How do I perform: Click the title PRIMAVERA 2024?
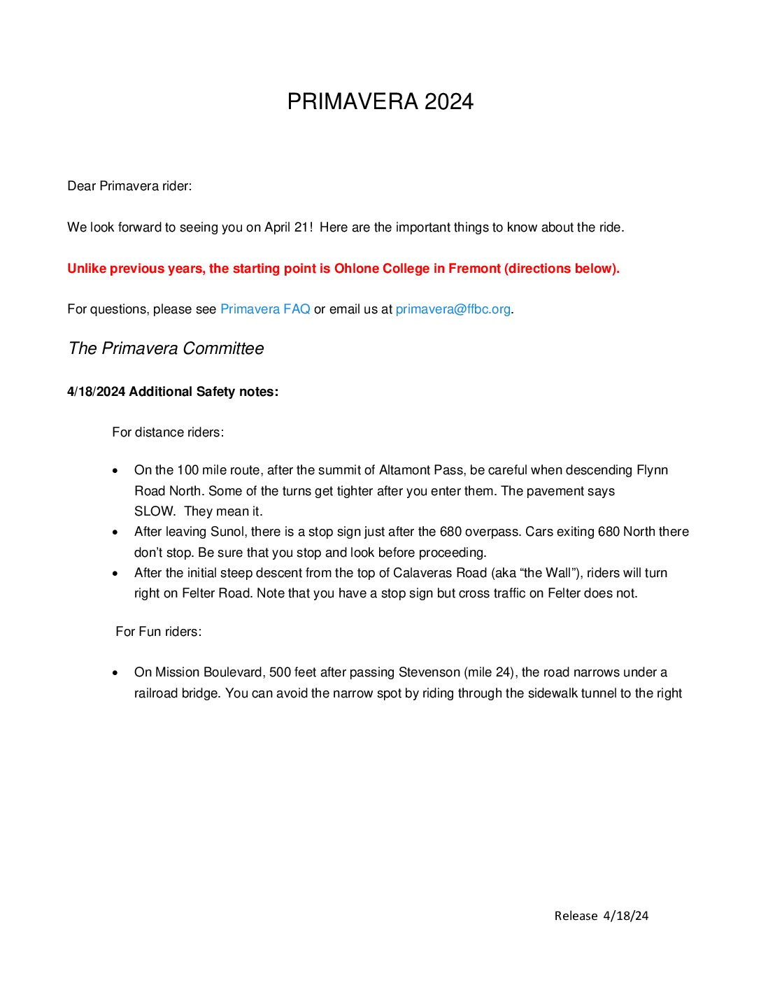click(x=380, y=102)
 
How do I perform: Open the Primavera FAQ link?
click(x=265, y=309)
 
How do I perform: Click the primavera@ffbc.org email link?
click(x=453, y=309)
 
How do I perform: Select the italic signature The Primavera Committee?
click(x=166, y=348)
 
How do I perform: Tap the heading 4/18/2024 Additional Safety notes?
click(x=173, y=392)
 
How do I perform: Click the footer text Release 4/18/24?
click(x=601, y=916)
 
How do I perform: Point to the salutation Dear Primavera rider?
click(x=129, y=186)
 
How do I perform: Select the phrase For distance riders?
click(x=168, y=432)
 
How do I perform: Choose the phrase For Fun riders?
click(x=158, y=632)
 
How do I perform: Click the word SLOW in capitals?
click(x=154, y=511)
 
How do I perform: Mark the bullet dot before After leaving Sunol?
click(x=115, y=532)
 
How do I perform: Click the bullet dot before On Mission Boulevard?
click(x=115, y=673)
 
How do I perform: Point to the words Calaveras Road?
click(x=440, y=573)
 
